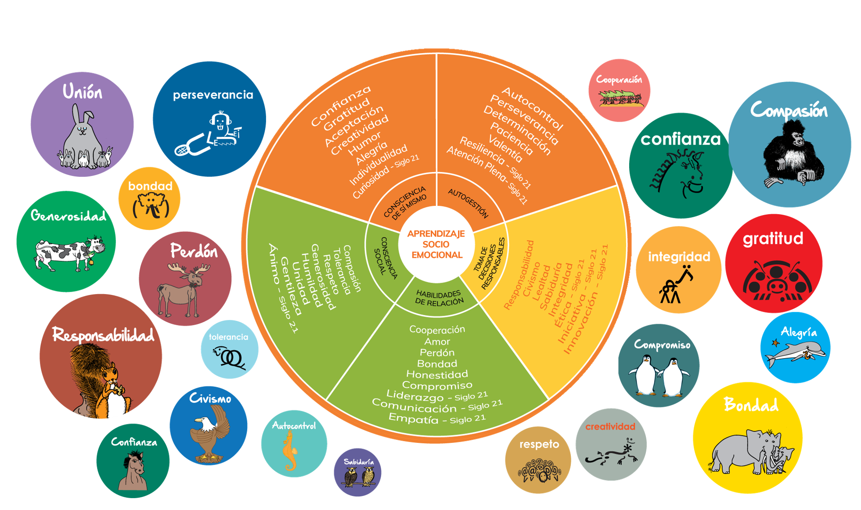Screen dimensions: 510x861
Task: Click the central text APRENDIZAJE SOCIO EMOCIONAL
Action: click(x=436, y=244)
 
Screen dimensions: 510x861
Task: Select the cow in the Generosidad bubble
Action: click(x=68, y=253)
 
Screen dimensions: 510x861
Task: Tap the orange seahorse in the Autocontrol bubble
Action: click(x=290, y=450)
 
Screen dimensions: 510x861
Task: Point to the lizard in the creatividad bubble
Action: click(x=611, y=454)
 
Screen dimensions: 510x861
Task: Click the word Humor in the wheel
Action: click(x=364, y=144)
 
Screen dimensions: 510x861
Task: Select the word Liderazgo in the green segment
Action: click(x=415, y=396)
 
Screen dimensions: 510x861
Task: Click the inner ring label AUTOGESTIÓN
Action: click(x=468, y=203)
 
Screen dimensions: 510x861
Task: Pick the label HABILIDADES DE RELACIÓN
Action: click(x=439, y=298)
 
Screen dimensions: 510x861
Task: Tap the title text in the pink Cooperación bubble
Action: click(x=619, y=79)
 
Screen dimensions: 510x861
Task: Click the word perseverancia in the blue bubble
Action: click(x=213, y=95)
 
